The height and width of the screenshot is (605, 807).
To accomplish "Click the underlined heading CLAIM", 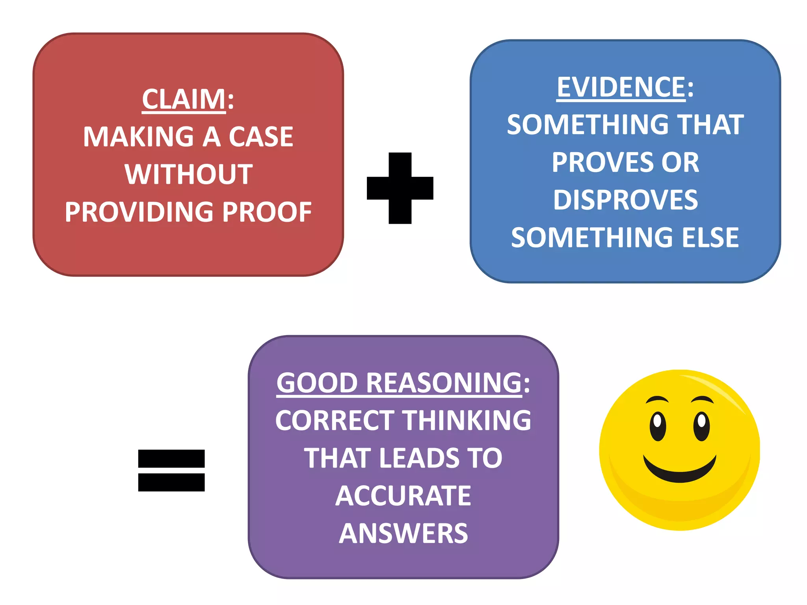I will click(184, 99).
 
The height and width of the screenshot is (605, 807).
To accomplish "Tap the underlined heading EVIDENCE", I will click(621, 87).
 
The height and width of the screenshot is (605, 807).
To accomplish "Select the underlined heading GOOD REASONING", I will click(399, 383).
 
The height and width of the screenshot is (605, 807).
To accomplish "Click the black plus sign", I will click(400, 188).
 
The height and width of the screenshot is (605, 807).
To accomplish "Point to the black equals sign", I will click(171, 470).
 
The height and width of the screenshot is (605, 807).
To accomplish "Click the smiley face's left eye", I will click(658, 426).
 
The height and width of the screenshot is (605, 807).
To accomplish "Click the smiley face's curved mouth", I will click(680, 471).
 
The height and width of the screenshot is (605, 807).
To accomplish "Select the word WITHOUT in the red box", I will click(189, 174).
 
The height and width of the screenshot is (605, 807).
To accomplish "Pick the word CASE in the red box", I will click(261, 137).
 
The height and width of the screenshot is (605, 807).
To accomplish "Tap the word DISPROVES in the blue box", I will click(625, 200).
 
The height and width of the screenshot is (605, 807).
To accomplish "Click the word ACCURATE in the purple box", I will click(403, 496).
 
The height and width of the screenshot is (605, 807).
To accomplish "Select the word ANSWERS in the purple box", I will click(403, 534).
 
